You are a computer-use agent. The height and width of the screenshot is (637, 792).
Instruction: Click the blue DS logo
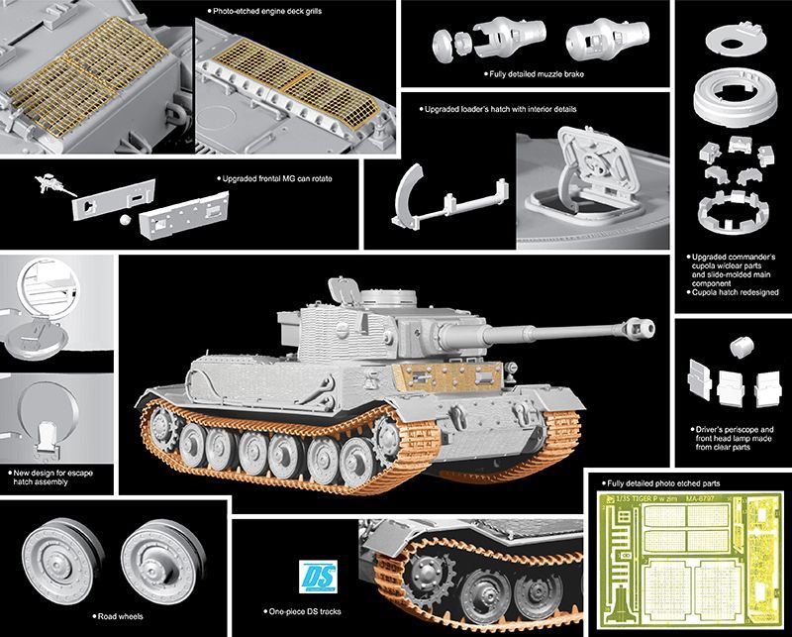318,577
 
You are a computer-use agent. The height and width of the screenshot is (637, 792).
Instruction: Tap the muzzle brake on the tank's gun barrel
640,328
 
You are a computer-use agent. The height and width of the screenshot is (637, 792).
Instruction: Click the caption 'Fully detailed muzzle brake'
537,74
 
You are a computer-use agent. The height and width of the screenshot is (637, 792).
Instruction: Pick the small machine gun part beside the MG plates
54,184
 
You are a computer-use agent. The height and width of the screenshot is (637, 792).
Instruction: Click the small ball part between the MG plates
126,220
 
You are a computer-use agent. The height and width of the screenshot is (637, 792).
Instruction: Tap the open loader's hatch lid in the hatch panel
599,161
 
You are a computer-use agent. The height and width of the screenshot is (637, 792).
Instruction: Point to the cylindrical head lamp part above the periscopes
742,348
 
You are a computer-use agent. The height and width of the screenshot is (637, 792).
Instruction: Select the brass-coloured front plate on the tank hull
447,376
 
